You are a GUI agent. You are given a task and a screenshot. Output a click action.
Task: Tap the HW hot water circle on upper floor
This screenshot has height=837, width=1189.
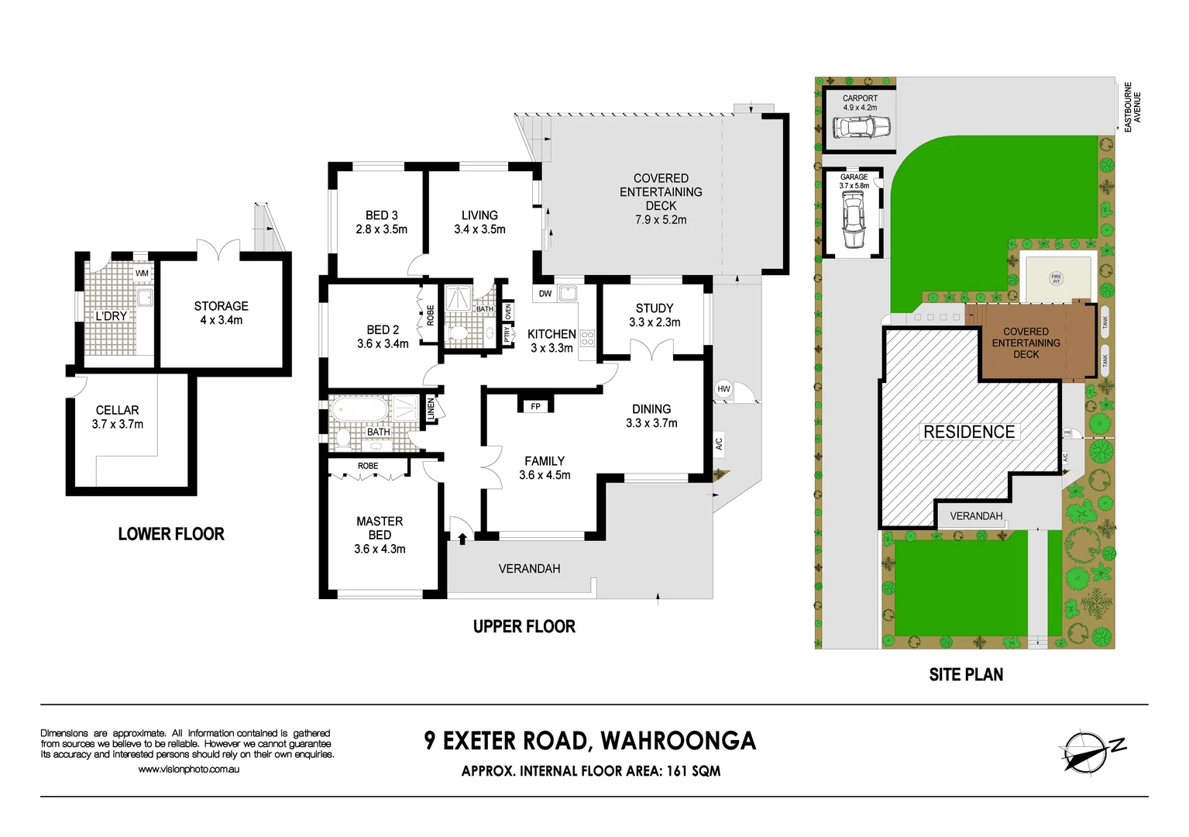click(x=723, y=389)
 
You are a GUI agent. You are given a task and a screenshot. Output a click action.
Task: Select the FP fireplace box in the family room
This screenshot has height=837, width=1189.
click(x=535, y=406)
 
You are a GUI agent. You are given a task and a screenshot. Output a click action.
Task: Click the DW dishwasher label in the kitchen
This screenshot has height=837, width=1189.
click(x=545, y=294)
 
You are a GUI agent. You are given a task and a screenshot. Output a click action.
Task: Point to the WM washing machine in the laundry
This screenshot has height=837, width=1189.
click(x=142, y=273)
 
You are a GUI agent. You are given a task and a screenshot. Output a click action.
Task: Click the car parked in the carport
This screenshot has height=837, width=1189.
click(x=861, y=126)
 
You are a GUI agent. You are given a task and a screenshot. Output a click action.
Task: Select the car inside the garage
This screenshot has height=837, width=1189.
click(x=853, y=221)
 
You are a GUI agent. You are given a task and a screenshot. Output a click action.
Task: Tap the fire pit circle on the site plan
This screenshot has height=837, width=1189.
click(x=1056, y=278)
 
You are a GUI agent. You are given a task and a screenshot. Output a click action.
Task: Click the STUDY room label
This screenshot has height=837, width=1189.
click(x=655, y=308)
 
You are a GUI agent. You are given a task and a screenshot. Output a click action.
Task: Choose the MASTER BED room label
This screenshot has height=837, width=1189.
click(x=380, y=528)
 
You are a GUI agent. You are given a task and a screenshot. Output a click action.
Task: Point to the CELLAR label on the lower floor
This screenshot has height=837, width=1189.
click(x=118, y=410)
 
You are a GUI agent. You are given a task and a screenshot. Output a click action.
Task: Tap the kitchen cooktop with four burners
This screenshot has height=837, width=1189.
click(x=587, y=338)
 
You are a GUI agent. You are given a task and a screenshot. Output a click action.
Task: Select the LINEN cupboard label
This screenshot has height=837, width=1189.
click(x=431, y=409)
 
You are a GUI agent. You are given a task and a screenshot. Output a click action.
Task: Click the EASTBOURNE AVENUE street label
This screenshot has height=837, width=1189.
click(x=1132, y=107)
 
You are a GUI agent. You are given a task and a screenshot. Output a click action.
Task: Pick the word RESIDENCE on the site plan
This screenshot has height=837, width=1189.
click(x=969, y=432)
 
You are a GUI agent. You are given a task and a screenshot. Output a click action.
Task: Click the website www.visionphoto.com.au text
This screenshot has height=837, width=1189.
click(x=188, y=770)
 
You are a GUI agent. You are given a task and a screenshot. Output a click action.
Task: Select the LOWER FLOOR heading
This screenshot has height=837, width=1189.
click(x=171, y=534)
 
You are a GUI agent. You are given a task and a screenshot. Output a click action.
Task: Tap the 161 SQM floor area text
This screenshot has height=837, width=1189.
click(x=693, y=771)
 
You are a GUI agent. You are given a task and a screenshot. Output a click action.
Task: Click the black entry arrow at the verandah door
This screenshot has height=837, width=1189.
click(x=462, y=537)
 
